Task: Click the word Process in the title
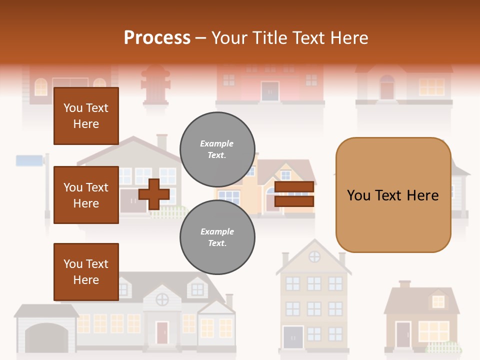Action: point(157,37)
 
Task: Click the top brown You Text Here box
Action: point(86,116)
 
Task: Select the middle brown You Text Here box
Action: point(86,195)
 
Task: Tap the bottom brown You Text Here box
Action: point(86,272)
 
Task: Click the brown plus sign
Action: point(154,193)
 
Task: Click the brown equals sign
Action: point(294,194)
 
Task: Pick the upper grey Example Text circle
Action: point(217,149)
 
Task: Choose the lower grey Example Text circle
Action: point(217,237)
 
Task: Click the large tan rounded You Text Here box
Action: point(393,195)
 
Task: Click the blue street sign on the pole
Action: point(30,160)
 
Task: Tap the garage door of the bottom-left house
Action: point(46,338)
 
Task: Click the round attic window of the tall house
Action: point(314,256)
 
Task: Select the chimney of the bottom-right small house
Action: point(404,284)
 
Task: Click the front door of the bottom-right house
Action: point(403,335)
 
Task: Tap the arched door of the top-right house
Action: point(387,88)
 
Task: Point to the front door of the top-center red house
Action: point(270,91)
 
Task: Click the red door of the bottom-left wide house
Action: point(162,332)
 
